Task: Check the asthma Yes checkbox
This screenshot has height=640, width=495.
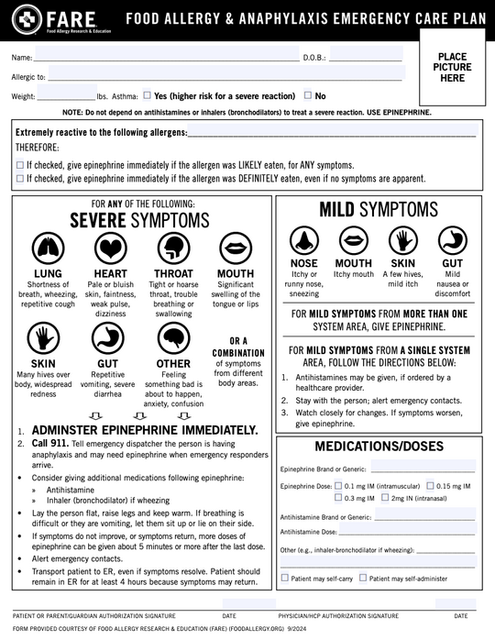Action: [148, 94]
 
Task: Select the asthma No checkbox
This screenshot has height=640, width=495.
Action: [307, 94]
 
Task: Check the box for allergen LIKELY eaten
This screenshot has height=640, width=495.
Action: [20, 165]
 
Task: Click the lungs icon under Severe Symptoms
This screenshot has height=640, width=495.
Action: [48, 248]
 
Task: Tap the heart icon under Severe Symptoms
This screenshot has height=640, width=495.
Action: [110, 248]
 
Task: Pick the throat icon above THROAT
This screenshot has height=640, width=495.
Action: [172, 248]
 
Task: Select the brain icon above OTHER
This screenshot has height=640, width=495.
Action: [172, 339]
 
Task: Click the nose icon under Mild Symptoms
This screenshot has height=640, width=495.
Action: [303, 240]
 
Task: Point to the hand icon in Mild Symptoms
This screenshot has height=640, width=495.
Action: [402, 240]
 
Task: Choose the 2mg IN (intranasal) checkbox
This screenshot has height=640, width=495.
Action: [385, 498]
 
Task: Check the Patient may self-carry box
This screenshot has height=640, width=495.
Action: [284, 578]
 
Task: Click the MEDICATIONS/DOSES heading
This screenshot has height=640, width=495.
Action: [379, 447]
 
